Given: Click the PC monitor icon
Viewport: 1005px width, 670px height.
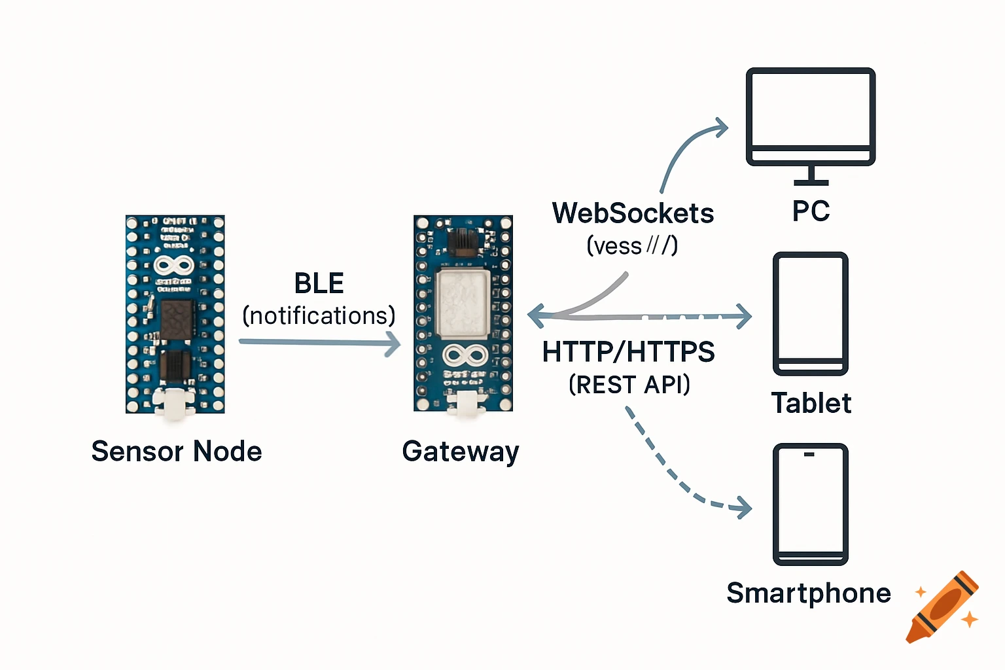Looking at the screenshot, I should (x=811, y=116).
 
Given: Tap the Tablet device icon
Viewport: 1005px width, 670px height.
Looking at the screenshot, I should (x=811, y=313).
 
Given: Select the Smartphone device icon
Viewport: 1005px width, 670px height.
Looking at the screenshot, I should (x=811, y=504).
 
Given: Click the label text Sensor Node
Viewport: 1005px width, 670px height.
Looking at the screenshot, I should (x=177, y=451).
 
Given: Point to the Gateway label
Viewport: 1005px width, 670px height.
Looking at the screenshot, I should (x=461, y=451).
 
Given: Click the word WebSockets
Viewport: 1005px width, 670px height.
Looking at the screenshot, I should (x=633, y=213).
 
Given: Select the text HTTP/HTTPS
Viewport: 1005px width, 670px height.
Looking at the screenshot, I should (x=628, y=352).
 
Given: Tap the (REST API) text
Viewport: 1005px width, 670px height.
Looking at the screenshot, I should (x=629, y=385).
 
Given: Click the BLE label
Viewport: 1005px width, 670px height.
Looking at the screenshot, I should (x=319, y=283).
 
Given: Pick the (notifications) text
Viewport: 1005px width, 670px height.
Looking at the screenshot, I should (x=319, y=316).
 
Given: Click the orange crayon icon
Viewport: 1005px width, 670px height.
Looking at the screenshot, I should (x=942, y=607).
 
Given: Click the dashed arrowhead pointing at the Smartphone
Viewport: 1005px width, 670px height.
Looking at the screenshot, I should (x=744, y=507).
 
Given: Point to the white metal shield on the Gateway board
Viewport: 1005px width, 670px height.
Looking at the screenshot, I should (x=463, y=304).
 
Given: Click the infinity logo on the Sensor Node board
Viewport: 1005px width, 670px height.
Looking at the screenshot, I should (x=173, y=265).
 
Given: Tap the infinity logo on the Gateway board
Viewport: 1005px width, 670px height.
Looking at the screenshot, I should (x=464, y=355).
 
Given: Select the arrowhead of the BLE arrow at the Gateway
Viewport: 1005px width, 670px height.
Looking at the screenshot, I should (x=393, y=343).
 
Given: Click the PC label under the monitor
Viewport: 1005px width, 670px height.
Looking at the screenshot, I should (x=811, y=211).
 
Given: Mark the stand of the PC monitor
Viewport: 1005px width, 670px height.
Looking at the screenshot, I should (x=811, y=176).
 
